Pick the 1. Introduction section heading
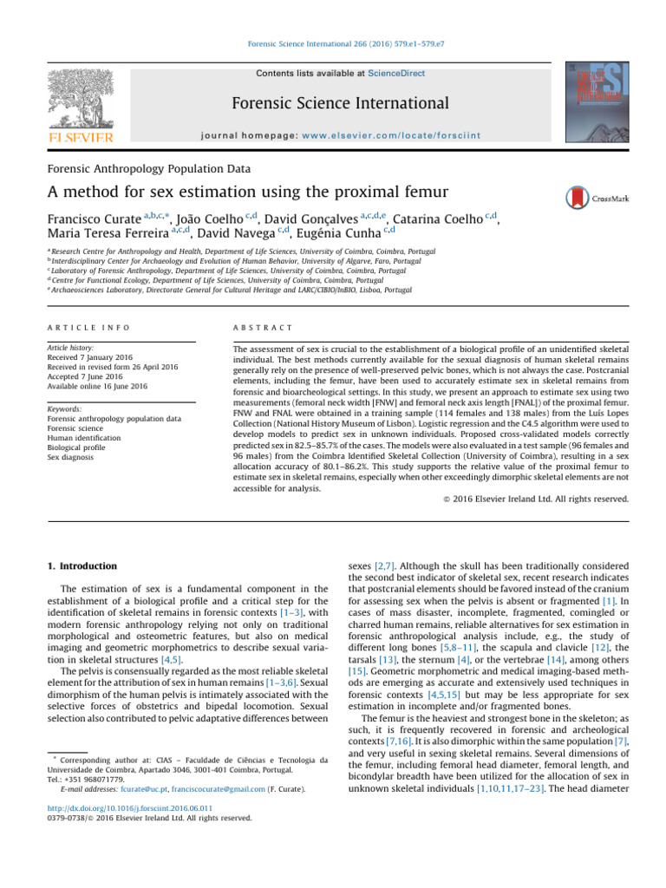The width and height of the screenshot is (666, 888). [x=82, y=566]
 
